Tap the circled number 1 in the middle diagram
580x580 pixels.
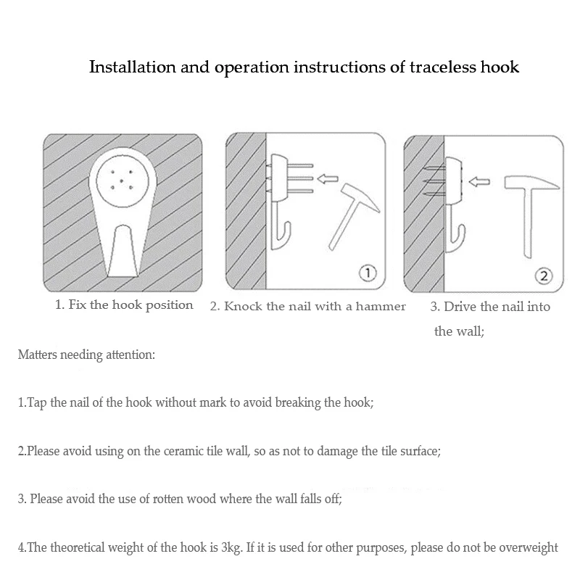tap(367, 273)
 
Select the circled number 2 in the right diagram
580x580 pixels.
tap(544, 275)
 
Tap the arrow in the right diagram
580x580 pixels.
tap(480, 182)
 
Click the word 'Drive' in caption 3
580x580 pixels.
tap(463, 307)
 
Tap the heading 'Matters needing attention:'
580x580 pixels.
tap(86, 355)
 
